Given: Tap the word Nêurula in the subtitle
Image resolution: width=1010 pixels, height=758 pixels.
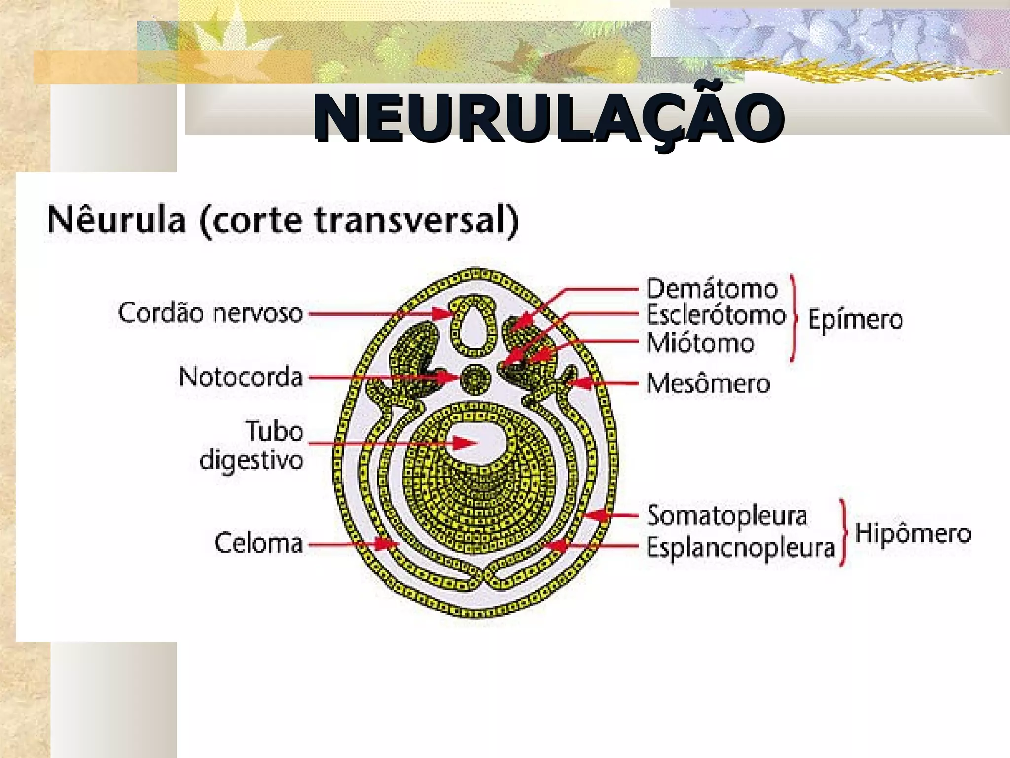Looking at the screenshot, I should point(116,220).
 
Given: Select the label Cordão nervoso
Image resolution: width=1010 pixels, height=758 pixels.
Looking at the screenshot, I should point(210,313).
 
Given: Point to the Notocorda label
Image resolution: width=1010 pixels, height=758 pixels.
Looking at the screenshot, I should point(241,378).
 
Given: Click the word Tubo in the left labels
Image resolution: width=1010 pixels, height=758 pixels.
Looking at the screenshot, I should point(274,431).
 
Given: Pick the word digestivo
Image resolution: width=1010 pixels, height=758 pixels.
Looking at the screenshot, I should point(251,461).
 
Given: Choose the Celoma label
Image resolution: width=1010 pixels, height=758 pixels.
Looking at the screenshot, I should point(258,543).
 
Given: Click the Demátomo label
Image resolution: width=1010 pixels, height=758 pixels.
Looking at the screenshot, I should point(712,289).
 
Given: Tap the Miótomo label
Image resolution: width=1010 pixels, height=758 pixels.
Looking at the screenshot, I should point(700,343).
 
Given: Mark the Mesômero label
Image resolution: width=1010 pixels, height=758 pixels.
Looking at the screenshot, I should point(708,383).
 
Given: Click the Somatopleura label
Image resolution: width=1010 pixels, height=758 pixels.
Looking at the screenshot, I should point(727,516).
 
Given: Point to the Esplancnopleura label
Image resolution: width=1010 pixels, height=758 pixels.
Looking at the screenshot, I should point(741,547).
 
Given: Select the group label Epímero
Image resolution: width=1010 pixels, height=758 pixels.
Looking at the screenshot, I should point(855,320).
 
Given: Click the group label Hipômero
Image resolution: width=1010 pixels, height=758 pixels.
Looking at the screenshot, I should point(913,533).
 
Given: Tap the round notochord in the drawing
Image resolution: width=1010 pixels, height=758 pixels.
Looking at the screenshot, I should point(476,379).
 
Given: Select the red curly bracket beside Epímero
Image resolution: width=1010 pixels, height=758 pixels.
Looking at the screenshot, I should point(793,318).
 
